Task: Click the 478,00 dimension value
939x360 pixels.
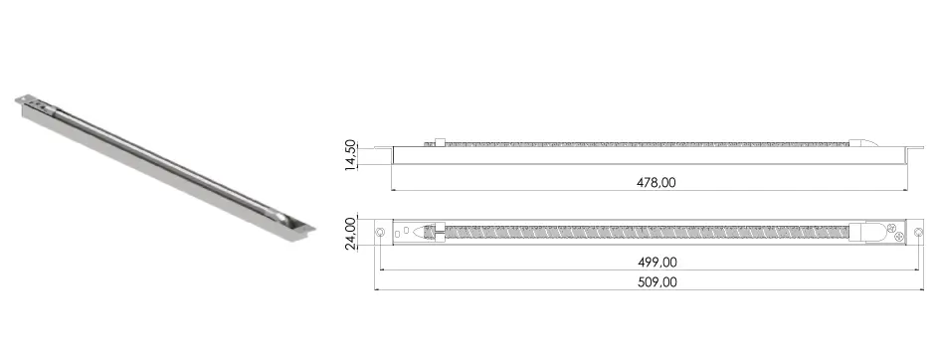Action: [657, 183]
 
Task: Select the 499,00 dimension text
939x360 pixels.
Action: [657, 263]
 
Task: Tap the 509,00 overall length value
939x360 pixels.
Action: [657, 282]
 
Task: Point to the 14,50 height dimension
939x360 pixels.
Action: [350, 155]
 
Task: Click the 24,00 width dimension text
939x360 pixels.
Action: [350, 233]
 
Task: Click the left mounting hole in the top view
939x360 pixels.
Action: [380, 232]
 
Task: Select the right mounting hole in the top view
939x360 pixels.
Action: [919, 232]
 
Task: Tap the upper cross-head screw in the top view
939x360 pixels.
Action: [891, 227]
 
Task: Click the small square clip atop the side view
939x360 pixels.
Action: [439, 142]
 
